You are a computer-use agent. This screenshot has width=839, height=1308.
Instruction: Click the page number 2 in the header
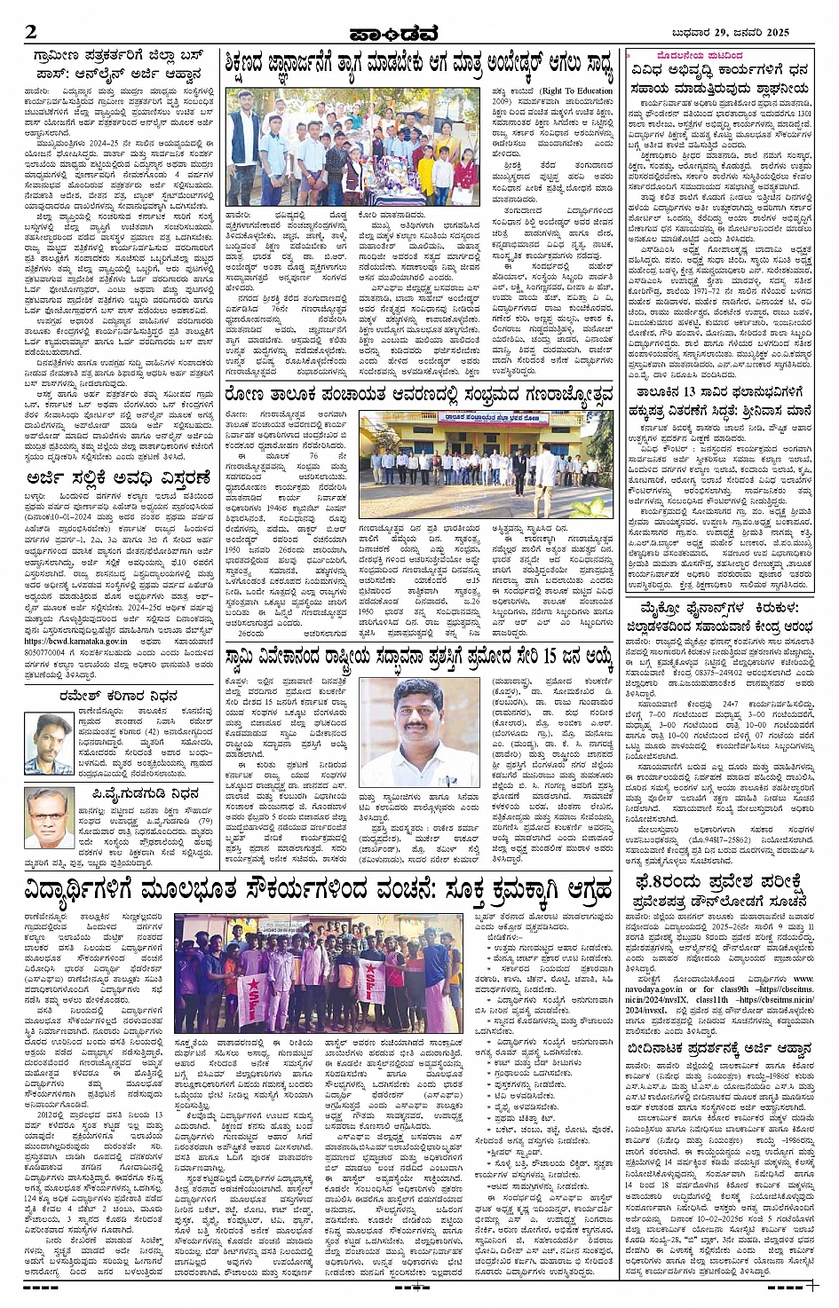(x=31, y=33)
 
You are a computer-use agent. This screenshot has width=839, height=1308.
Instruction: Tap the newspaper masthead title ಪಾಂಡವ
(x=418, y=34)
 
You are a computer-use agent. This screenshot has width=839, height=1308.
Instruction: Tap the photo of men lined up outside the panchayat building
(x=486, y=465)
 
